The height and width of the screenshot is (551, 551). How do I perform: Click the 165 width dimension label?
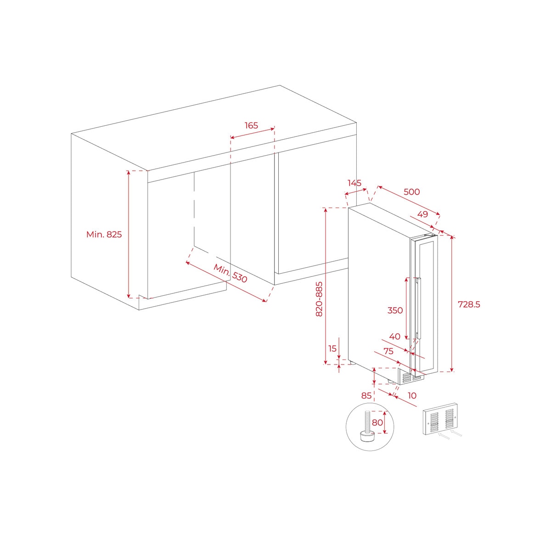point(251,125)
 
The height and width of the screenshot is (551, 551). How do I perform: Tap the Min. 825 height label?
point(104,235)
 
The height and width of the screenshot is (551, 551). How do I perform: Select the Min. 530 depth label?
point(230,273)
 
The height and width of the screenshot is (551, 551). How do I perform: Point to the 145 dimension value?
point(354,183)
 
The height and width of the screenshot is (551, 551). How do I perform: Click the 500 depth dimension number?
point(412,191)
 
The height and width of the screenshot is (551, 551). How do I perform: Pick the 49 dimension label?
point(422,214)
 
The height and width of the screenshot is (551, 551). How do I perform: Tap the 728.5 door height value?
point(469,304)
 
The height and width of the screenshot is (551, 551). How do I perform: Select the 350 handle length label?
point(395,310)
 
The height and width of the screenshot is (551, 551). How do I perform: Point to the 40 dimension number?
point(394,337)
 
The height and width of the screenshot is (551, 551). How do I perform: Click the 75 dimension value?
point(388,351)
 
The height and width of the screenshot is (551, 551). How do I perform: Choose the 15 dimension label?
point(332,349)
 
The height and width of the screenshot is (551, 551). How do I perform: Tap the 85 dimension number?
point(366,396)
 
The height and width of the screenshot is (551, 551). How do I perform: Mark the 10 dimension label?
point(412,396)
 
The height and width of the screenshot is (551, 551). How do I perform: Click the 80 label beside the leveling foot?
point(377,422)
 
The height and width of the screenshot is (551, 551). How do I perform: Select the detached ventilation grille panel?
point(440,419)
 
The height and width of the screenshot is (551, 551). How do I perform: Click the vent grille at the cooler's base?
point(413,379)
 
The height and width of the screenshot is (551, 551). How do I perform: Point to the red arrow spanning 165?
point(252,134)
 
